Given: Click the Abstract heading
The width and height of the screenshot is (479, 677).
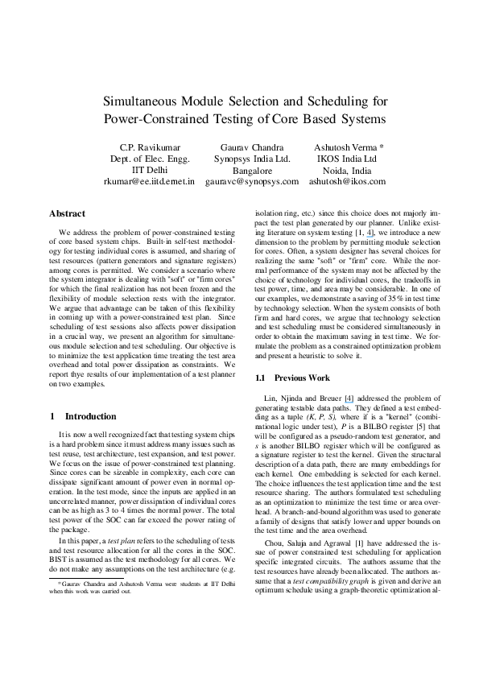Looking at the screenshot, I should coord(68,214).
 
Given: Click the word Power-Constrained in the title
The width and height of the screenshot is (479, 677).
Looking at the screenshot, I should coord(162,120).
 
